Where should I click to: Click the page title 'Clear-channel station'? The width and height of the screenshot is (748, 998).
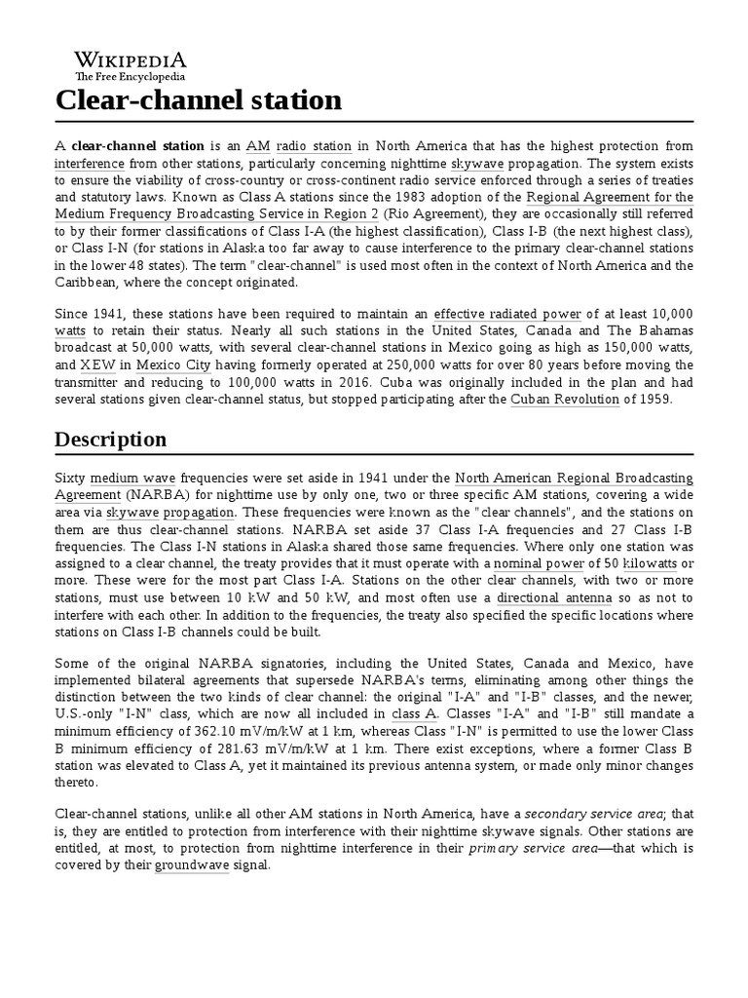[x=198, y=100]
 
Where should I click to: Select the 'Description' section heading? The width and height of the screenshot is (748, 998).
[x=110, y=439]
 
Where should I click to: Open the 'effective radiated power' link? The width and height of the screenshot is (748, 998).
[x=507, y=313]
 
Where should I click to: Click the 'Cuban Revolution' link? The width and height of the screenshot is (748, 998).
[x=565, y=400]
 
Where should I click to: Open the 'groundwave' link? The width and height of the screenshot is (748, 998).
[x=194, y=866]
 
